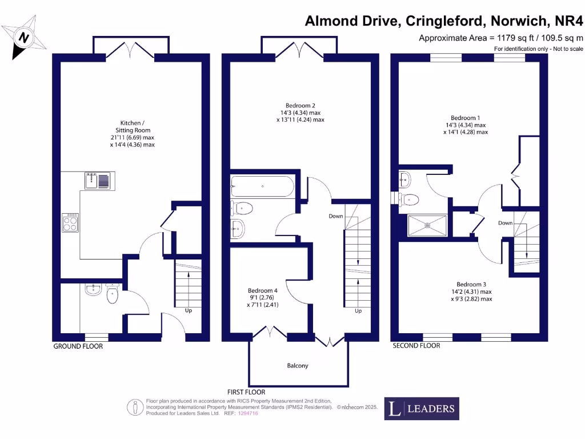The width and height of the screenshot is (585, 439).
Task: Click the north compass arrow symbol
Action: tap(23, 37)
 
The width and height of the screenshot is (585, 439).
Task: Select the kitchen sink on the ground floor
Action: tap(98, 181)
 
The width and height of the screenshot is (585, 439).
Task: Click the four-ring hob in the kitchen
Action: tap(70, 222)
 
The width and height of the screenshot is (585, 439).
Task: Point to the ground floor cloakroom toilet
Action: tap(112, 296)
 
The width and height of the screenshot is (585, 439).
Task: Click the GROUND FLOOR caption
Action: tap(78, 346)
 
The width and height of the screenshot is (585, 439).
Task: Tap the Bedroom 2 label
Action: tap(300, 105)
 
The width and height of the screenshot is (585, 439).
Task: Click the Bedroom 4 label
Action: tap(262, 290)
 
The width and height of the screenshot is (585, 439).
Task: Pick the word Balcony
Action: tap(298, 365)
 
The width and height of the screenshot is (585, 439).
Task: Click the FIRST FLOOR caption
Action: tap(246, 392)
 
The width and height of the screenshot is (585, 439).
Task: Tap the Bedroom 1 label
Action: tap(465, 118)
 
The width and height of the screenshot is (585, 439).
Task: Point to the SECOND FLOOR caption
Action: tap(416, 346)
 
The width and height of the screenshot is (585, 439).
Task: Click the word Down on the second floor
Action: tap(505, 223)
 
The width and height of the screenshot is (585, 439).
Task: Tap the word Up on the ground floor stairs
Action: tap(187, 310)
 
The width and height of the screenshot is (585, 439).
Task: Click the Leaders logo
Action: tap(421, 408)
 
